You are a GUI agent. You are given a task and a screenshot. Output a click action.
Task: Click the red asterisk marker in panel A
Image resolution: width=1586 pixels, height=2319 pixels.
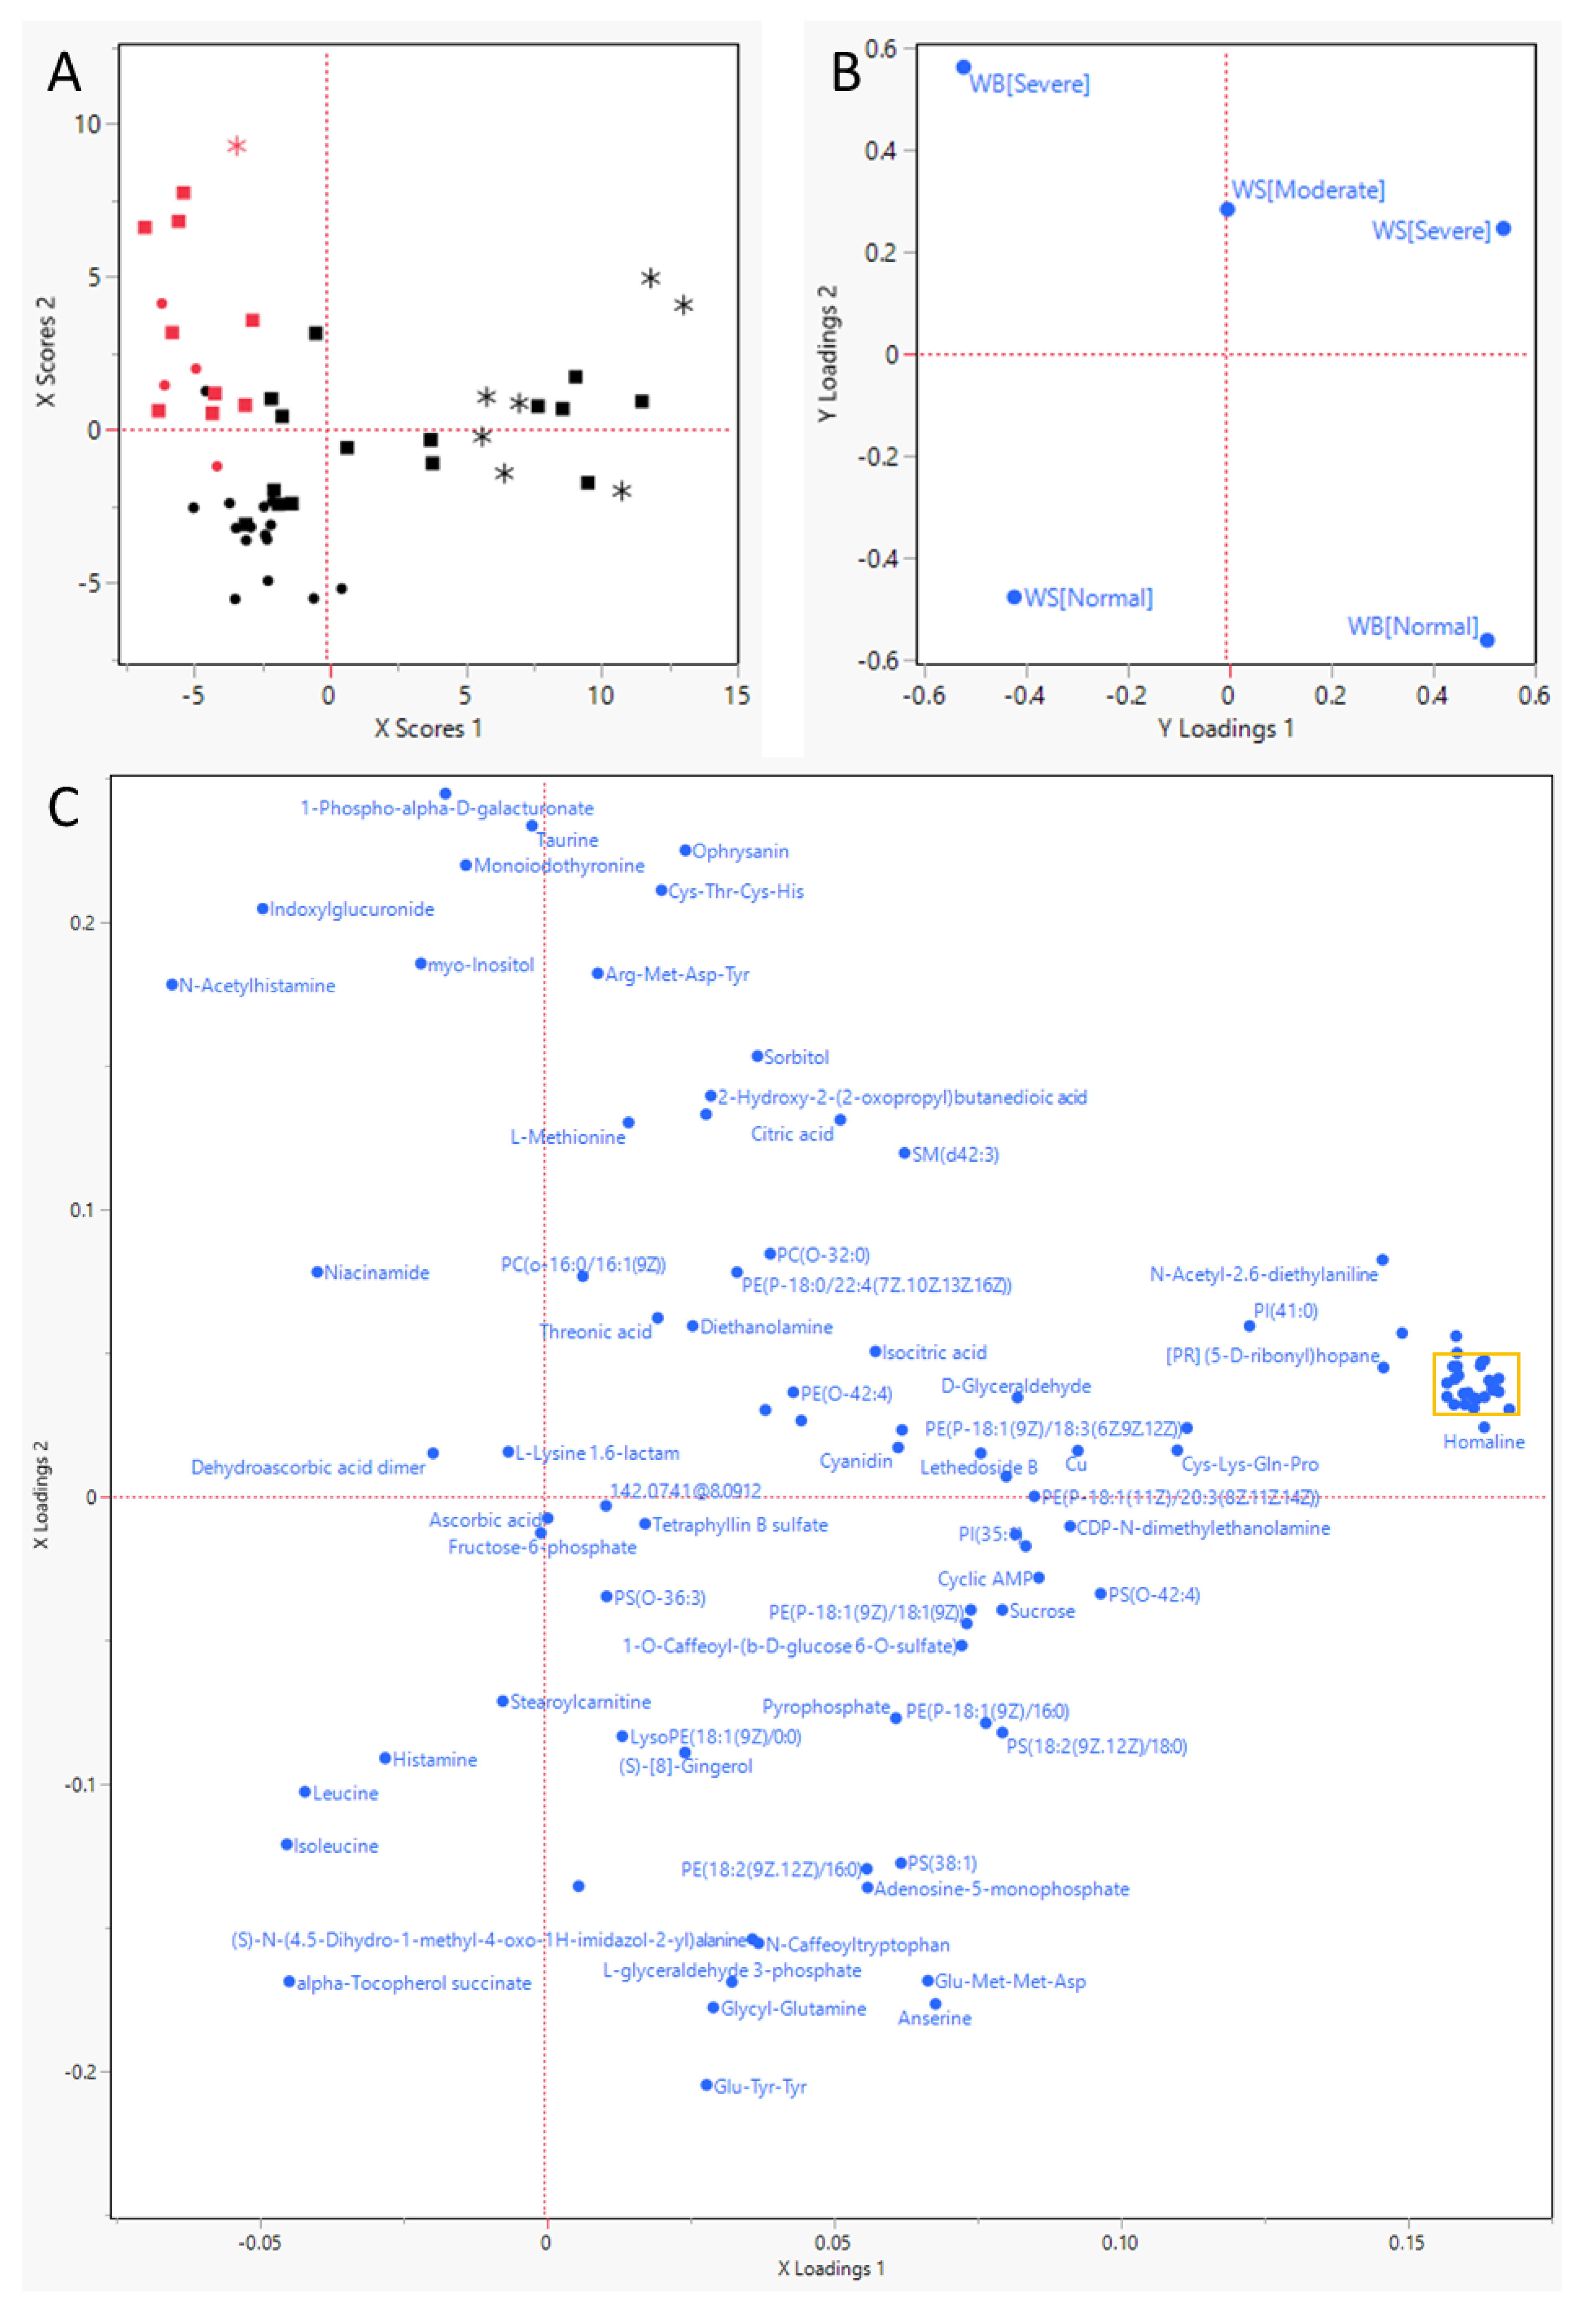point(236,147)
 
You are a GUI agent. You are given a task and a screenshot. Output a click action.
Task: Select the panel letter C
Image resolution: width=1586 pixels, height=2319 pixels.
point(64,807)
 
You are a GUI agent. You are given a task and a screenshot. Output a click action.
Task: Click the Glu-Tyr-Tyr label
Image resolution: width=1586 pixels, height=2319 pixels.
point(760,2087)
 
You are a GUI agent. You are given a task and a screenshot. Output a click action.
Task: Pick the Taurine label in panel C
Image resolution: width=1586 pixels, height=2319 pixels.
point(569,841)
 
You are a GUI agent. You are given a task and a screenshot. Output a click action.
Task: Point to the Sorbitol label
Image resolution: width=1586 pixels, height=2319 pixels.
point(796,1058)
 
